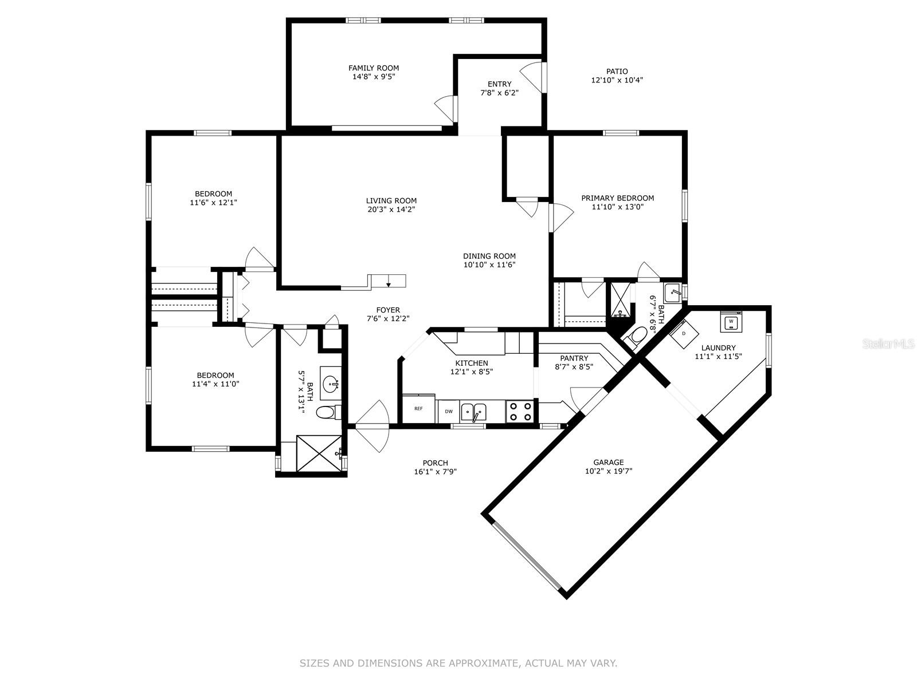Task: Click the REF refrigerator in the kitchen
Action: tap(418, 408)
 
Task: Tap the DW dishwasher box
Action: tap(449, 411)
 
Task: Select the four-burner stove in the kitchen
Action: tap(520, 411)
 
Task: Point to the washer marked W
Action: tap(731, 322)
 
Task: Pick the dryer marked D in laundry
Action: tap(684, 334)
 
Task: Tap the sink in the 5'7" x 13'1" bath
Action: tap(331, 383)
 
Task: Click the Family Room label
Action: tap(374, 68)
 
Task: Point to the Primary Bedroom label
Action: tap(617, 198)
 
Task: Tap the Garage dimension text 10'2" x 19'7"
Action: tap(608, 471)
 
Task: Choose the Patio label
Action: tap(617, 72)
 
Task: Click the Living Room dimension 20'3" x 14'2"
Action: tap(391, 210)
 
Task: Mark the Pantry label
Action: tap(574, 358)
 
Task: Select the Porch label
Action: tap(436, 463)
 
